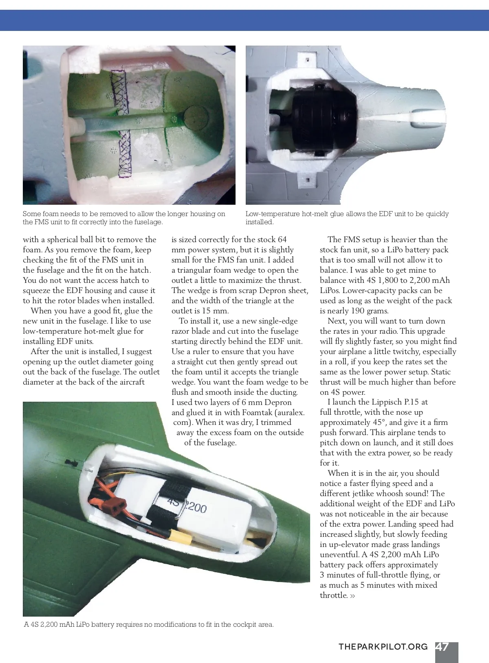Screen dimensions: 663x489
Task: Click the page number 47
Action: click(x=442, y=647)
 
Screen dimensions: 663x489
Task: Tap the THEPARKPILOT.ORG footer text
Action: click(x=383, y=647)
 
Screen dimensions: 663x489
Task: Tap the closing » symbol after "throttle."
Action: click(x=352, y=596)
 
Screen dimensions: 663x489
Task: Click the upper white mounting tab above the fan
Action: click(x=307, y=61)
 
